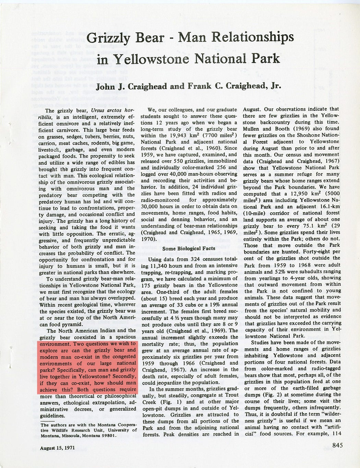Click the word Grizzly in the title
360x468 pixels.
coord(108,38)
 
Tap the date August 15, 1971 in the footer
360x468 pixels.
coord(57,448)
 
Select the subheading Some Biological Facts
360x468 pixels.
coord(189,248)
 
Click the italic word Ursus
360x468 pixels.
coord(100,111)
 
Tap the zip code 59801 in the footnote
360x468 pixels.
coord(109,436)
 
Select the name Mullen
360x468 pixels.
coord(252,129)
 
